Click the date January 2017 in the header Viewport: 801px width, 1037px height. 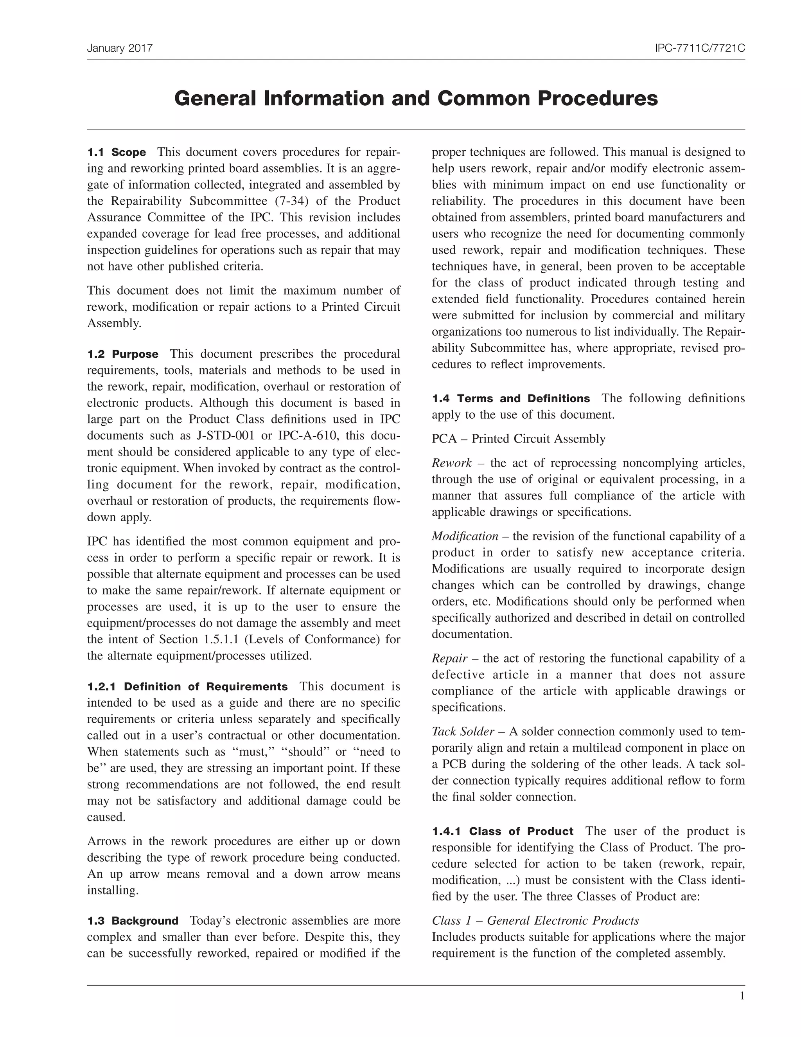click(120, 48)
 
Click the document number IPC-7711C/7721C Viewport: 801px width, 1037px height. click(699, 48)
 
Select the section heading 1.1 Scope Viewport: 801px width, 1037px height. click(117, 152)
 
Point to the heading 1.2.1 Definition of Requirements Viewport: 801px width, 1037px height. click(187, 687)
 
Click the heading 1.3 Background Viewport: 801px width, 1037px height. click(133, 921)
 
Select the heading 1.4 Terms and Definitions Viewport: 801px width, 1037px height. click(510, 398)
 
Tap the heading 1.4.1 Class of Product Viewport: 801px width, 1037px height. click(503, 832)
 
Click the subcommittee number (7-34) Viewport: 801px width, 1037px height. click(291, 201)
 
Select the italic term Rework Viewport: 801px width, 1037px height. click(451, 463)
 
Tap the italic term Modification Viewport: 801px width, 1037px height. click(465, 537)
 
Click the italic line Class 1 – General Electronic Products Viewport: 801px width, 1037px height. click(535, 921)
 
